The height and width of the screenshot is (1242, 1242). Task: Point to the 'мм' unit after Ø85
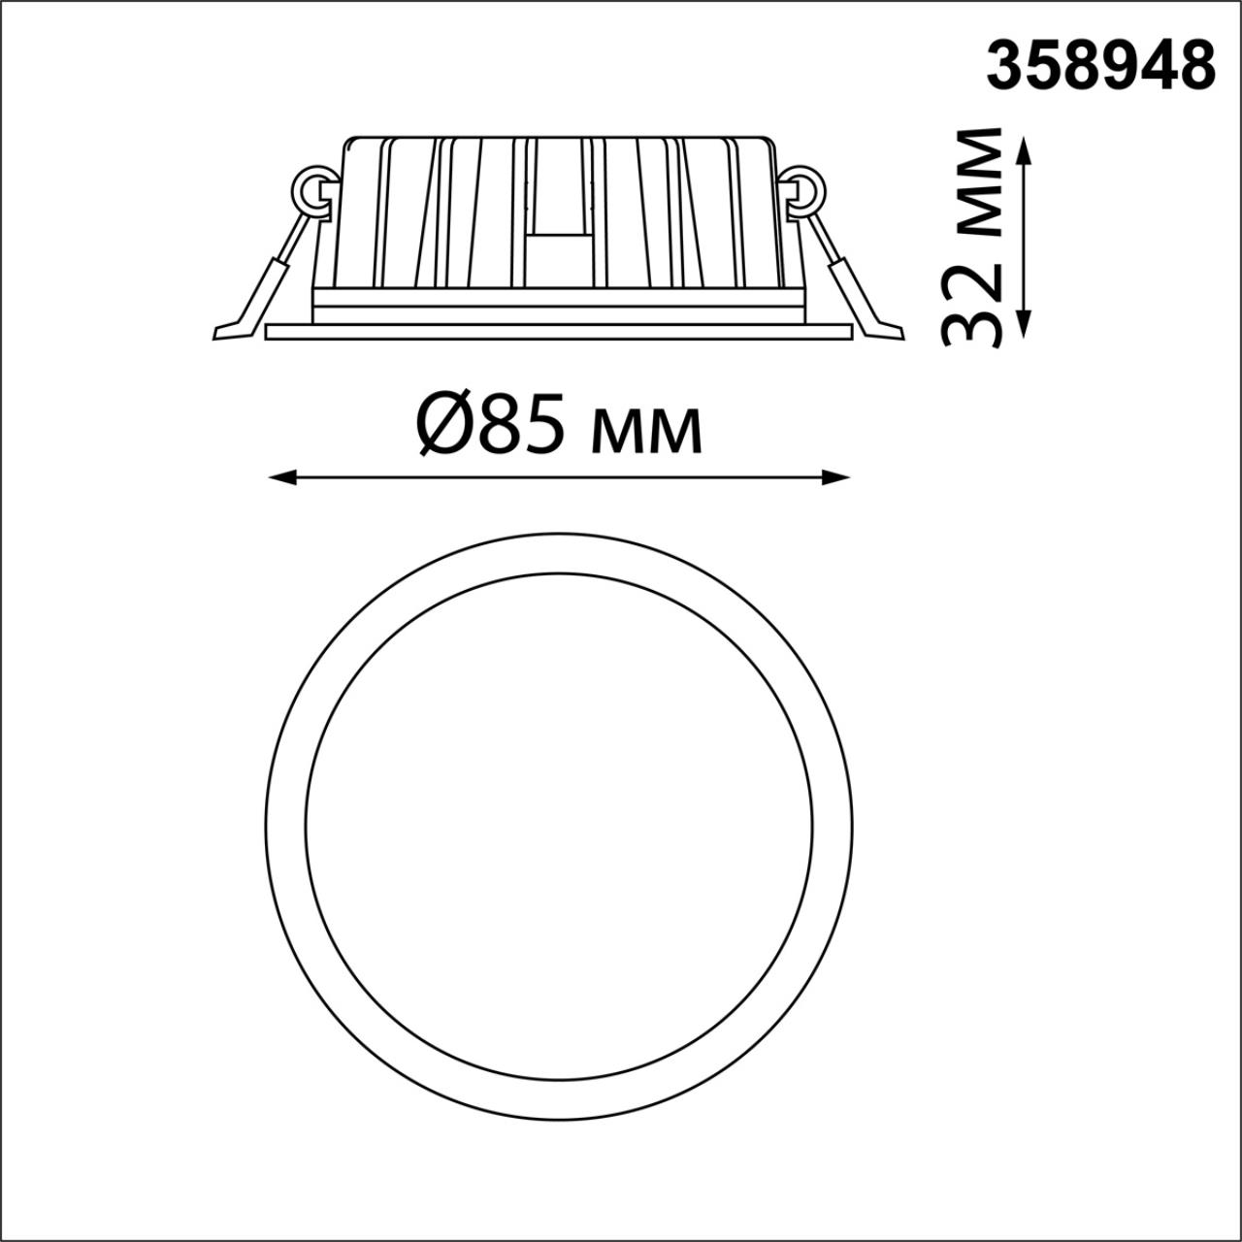click(x=646, y=434)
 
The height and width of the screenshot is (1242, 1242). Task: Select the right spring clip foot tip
click(x=892, y=333)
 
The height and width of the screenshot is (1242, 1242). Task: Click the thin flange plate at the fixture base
click(x=558, y=332)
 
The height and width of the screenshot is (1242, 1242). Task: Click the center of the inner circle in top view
click(x=559, y=825)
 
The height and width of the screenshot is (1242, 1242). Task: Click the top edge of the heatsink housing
click(x=558, y=138)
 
